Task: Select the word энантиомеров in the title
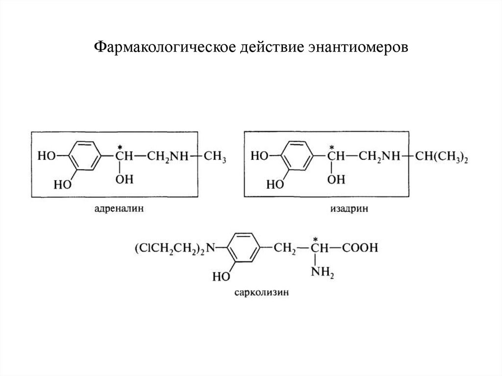point(358,48)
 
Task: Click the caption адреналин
point(115,209)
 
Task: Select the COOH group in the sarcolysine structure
point(360,248)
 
